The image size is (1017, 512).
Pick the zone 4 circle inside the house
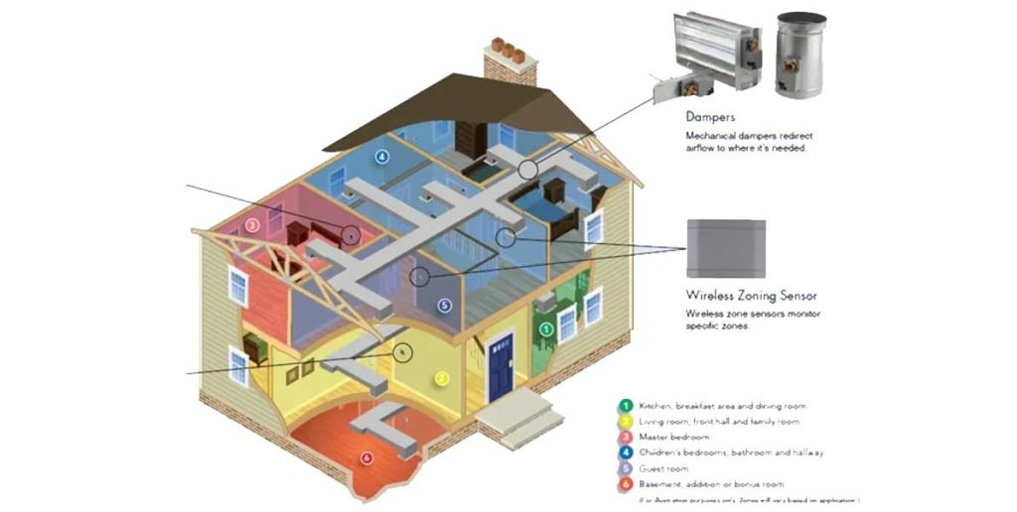[x=382, y=157]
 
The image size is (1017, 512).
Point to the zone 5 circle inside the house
[x=444, y=305]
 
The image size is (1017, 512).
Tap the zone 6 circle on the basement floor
[x=366, y=458]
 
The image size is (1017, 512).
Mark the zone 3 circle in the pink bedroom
[x=252, y=225]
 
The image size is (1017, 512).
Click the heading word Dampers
[x=711, y=117]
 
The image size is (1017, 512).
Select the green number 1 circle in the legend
[x=625, y=405]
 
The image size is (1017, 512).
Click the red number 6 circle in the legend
[x=625, y=483]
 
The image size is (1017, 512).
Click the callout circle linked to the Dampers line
[x=527, y=170]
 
